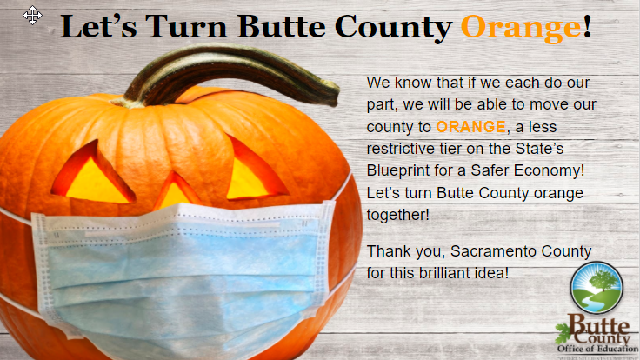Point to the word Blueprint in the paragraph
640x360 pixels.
(x=399, y=168)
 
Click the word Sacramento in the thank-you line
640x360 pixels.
(x=476, y=252)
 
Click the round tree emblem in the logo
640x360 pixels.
(x=596, y=288)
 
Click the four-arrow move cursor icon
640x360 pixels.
(x=33, y=15)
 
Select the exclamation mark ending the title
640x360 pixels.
(x=588, y=27)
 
